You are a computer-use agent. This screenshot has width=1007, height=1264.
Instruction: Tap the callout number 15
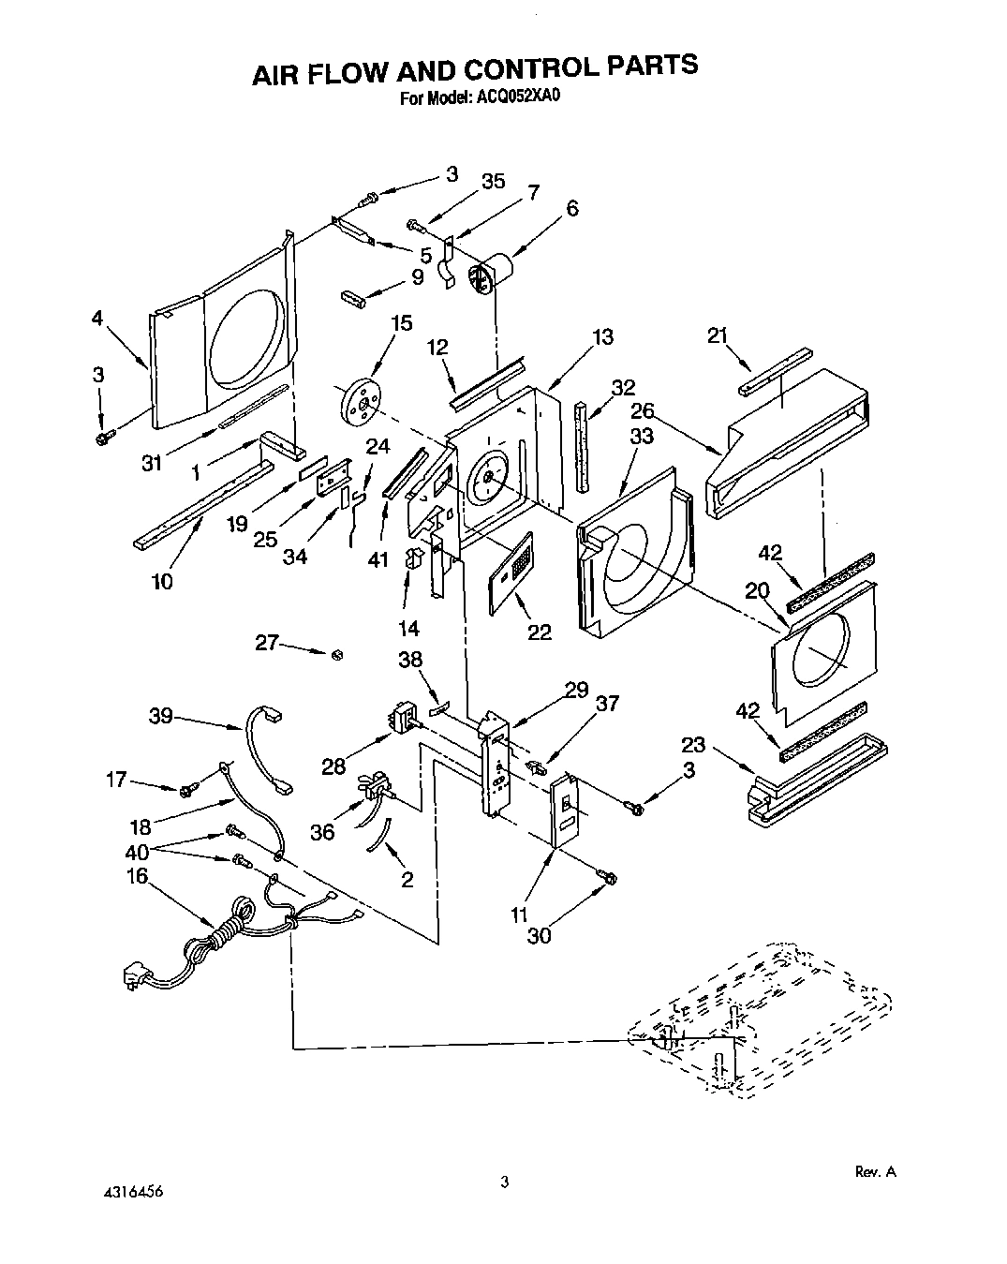(x=401, y=323)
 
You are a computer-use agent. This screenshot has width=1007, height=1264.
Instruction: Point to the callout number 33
(x=642, y=437)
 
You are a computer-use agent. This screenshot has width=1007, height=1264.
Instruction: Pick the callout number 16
(x=138, y=876)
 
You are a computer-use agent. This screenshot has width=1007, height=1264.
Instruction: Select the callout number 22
(x=539, y=632)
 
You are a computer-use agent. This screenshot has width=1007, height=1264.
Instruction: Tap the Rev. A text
(x=876, y=1171)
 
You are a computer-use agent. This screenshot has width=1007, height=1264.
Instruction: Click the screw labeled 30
(x=607, y=877)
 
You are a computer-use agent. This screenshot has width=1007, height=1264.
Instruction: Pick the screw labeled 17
(x=186, y=788)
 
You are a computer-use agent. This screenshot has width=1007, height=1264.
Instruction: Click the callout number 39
(x=160, y=717)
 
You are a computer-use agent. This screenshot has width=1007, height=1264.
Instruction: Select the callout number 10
(x=161, y=582)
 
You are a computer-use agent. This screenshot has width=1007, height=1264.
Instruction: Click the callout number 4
(x=97, y=318)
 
